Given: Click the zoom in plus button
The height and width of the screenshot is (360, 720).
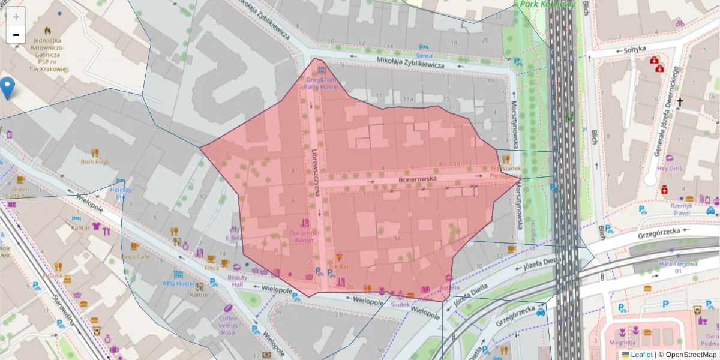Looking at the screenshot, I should (16, 17).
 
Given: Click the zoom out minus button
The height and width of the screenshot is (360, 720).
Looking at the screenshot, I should (16, 35).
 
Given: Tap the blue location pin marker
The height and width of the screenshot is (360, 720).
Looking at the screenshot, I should (8, 88).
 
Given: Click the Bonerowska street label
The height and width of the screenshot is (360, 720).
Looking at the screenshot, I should (415, 179).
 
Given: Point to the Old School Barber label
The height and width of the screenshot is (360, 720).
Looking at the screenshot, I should (305, 236).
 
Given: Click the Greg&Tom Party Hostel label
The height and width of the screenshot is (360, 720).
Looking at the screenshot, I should (321, 83).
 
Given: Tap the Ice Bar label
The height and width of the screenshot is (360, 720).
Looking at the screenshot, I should (339, 266).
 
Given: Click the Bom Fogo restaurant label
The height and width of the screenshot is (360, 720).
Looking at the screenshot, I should (95, 161).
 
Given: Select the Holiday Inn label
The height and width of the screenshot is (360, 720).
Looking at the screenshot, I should (121, 193).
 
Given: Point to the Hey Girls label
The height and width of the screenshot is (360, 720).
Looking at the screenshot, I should (670, 169).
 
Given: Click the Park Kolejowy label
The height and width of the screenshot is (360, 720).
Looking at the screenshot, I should (547, 4).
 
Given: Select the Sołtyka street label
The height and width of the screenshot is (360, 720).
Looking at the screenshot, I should (634, 49).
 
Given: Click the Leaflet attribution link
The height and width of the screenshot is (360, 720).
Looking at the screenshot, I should (641, 355).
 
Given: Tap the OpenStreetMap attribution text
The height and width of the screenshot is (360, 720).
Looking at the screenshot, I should (687, 355).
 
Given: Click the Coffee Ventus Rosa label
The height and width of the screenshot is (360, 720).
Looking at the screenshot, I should (227, 325).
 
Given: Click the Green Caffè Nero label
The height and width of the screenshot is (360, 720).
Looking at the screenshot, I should (20, 192).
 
